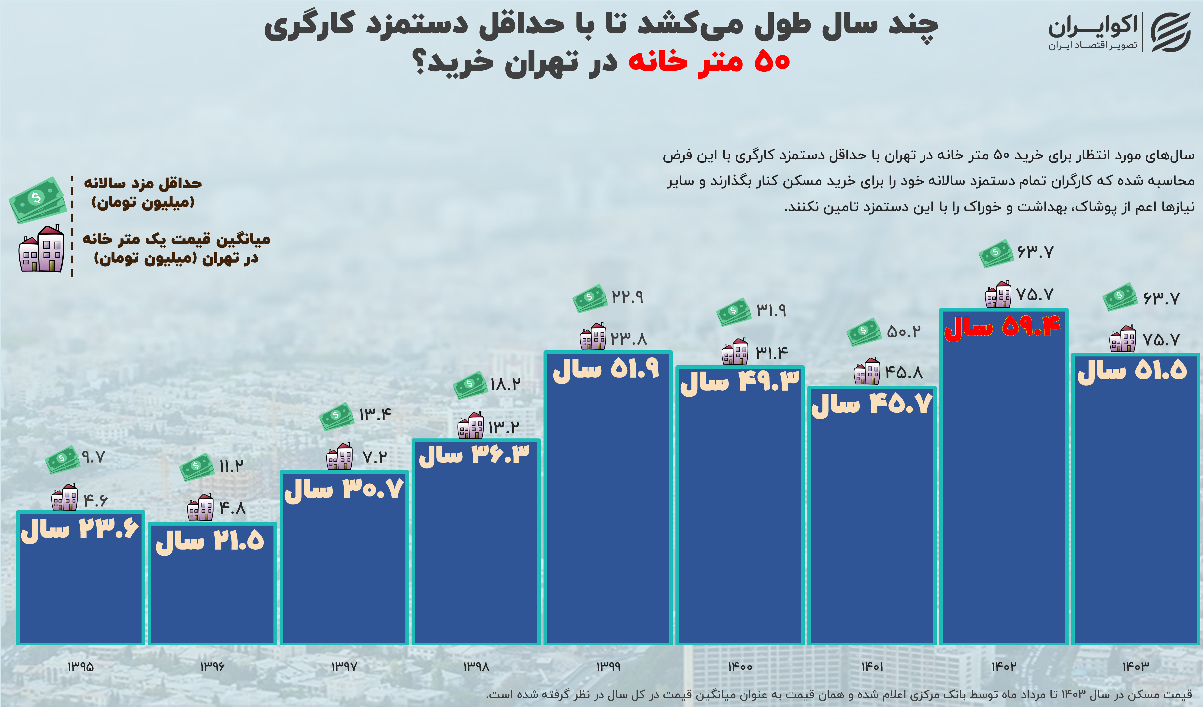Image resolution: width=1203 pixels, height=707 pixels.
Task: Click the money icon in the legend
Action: point(37,199)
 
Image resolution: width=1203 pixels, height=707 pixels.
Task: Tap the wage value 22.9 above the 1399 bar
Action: point(627,297)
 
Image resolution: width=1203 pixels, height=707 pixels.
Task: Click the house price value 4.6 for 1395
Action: point(95,501)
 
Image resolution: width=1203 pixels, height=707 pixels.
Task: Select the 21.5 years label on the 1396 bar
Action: point(210,542)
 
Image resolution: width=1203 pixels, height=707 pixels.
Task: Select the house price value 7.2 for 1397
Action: point(375,458)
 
